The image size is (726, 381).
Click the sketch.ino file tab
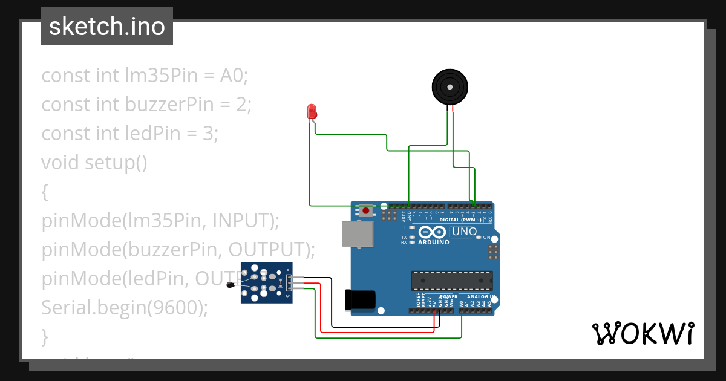point(107,27)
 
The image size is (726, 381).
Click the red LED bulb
point(312,111)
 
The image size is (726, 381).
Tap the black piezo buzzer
point(450,87)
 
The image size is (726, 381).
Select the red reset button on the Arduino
point(366,211)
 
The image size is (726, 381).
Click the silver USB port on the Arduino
point(356,234)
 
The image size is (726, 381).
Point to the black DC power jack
point(359,300)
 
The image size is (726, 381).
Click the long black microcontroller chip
point(452,281)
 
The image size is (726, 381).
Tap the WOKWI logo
point(643,333)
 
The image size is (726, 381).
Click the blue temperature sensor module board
point(266,282)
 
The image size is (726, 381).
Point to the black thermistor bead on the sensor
point(230,285)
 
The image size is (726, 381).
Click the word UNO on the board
point(465,232)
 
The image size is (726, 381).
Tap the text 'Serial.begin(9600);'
point(125,308)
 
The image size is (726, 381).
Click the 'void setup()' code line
point(94,163)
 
